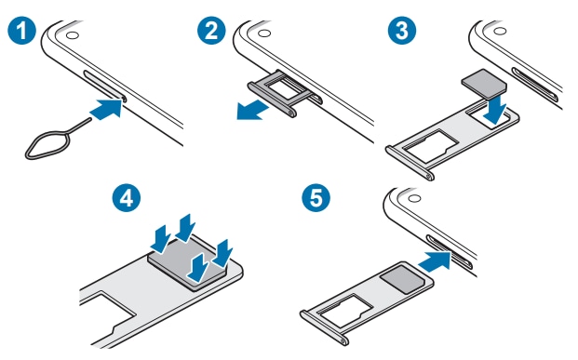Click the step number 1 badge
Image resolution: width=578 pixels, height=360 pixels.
[x=21, y=30]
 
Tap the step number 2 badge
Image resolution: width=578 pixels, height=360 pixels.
[x=211, y=30]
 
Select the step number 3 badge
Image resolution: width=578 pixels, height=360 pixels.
[x=402, y=30]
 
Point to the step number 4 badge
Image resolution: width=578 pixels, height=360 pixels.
[x=127, y=198]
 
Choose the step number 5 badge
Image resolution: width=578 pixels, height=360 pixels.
[x=316, y=198]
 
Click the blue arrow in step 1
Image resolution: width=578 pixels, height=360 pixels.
[x=106, y=109]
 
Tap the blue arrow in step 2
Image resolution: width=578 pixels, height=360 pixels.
[x=252, y=111]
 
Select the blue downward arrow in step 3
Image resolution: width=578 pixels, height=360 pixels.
[x=496, y=109]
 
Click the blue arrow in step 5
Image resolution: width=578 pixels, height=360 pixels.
[x=436, y=260]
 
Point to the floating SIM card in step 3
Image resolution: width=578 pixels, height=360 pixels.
[x=484, y=83]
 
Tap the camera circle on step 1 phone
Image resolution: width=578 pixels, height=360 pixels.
[x=73, y=35]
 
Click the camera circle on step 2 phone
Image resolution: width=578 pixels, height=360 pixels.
[x=264, y=33]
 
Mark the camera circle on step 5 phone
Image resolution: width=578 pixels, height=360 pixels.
[x=415, y=199]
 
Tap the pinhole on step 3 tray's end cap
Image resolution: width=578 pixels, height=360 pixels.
[x=428, y=176]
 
